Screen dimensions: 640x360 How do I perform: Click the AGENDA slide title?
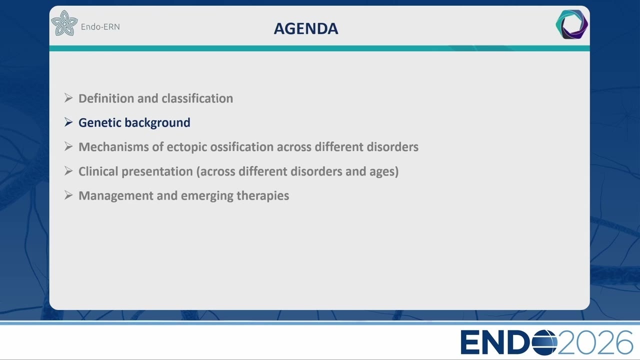pos(306,28)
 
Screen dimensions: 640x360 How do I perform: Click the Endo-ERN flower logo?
pos(64,23)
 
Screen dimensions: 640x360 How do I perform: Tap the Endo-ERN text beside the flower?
pos(100,27)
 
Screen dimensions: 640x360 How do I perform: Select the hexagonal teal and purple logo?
pos(571,24)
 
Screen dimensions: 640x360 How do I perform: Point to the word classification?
pos(197,98)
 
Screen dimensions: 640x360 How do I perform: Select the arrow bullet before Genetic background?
pos(68,122)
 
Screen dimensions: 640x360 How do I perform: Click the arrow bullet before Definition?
pos(68,97)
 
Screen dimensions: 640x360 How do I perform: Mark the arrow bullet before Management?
pos(68,195)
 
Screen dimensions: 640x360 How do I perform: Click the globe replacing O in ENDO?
pos(544,342)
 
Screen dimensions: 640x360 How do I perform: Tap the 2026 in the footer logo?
pos(595,342)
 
